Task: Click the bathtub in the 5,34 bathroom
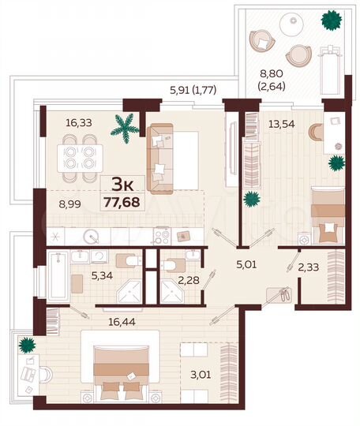click(x=57, y=276)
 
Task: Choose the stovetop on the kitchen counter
click(x=161, y=234)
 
